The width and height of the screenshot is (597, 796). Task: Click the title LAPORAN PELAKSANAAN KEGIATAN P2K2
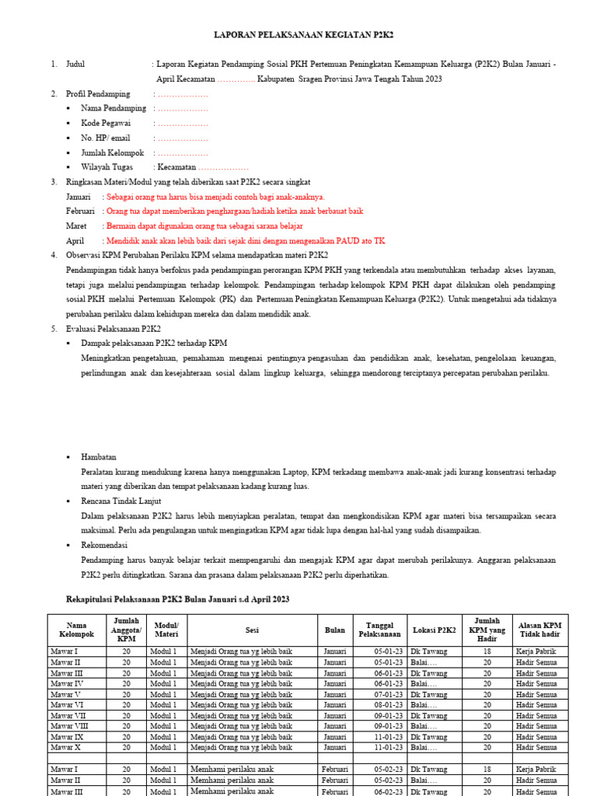(x=299, y=36)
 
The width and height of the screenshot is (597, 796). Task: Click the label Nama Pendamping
(x=113, y=108)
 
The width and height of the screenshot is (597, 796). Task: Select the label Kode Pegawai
(x=106, y=123)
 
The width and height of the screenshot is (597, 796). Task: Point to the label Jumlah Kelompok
(x=112, y=152)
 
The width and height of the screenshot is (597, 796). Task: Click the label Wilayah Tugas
(x=106, y=167)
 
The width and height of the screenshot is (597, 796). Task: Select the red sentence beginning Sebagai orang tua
(x=215, y=197)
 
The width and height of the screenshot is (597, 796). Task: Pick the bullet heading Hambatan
(x=98, y=457)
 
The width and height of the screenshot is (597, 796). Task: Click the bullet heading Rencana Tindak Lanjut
(x=117, y=501)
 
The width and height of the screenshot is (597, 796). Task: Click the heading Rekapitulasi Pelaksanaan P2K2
(x=175, y=599)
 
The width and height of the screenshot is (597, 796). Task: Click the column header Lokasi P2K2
(x=435, y=630)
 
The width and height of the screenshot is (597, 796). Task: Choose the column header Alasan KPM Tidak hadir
(x=539, y=630)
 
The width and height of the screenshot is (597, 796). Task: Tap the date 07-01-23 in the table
(x=388, y=694)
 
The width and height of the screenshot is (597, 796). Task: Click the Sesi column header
(x=252, y=630)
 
